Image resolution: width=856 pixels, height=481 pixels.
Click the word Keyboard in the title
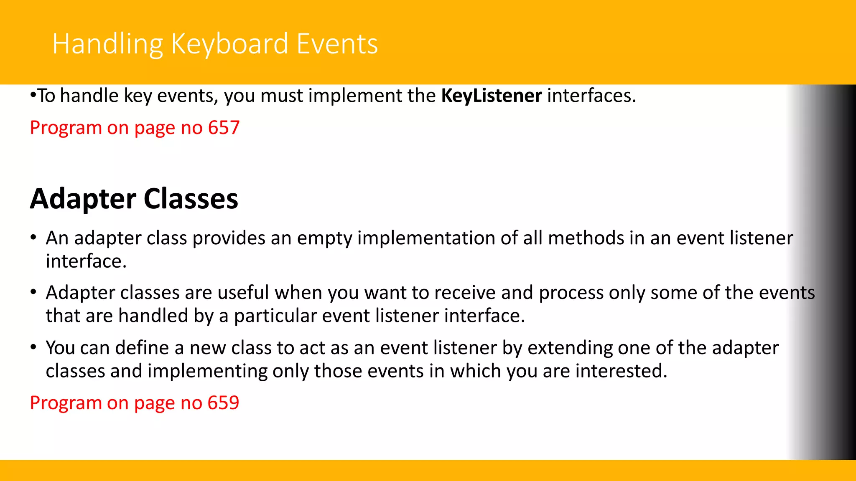pos(229,44)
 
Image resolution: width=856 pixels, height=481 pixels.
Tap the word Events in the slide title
pos(337,44)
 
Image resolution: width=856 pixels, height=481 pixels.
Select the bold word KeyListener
pos(492,96)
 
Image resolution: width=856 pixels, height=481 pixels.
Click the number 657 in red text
pos(224,127)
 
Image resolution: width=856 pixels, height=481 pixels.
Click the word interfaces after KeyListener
pos(591,96)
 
